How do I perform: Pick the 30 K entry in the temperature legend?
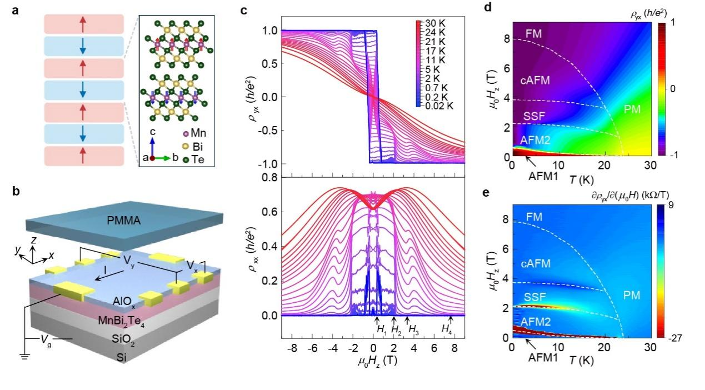pos(436,24)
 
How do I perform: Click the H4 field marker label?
pos(447,329)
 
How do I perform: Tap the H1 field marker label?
pos(381,329)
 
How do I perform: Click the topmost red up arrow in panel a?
pos(82,24)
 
